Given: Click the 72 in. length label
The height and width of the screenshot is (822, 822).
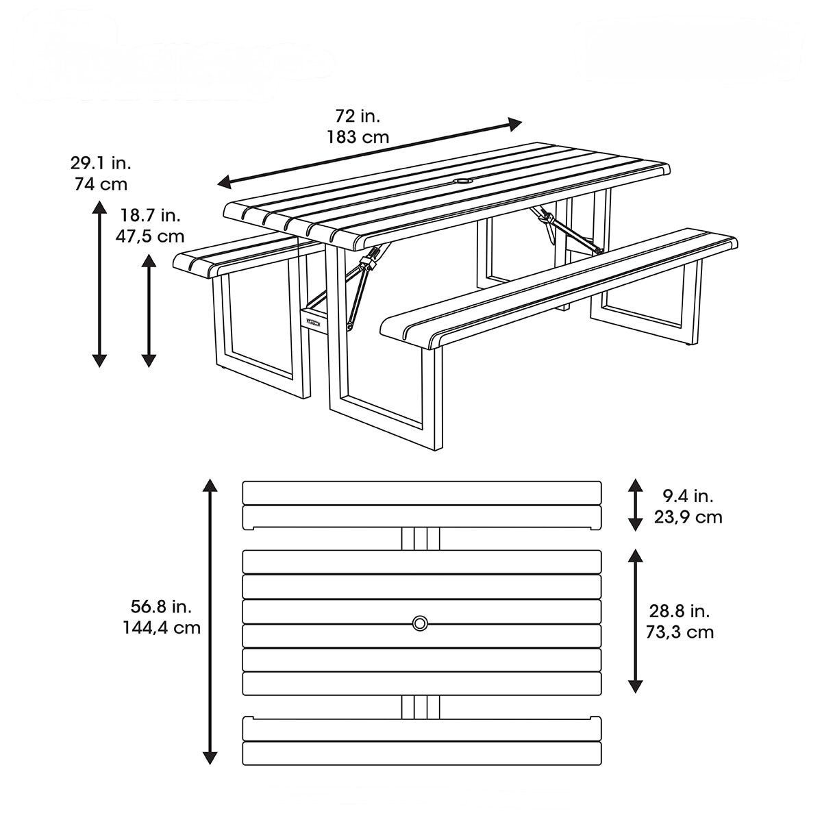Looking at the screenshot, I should pos(358,115).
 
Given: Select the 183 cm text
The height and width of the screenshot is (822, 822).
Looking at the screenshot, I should pos(358,137).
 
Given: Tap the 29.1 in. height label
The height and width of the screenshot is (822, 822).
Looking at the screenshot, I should pos(100,163).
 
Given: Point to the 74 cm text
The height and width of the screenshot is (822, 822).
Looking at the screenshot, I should pos(100,184).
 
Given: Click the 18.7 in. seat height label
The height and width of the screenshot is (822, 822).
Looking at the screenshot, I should pos(150,215).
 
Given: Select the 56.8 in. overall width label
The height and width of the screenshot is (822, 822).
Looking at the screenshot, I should pos(161,606).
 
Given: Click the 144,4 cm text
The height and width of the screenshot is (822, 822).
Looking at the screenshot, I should pos(162,627).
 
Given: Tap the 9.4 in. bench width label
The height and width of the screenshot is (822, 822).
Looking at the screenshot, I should pos(688,495).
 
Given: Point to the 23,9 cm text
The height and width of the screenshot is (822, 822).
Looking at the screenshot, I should pos(688,516).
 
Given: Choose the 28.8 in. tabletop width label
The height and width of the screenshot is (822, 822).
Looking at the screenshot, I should pos(680,610).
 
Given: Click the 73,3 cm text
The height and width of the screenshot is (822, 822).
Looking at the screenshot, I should pos(680,632).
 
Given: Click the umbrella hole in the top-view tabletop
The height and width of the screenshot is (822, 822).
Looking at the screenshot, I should pos(420,623).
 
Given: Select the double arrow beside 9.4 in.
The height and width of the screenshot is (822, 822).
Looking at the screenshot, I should pos(636,506).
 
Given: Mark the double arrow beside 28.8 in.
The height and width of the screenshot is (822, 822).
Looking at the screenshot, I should pos(636,621).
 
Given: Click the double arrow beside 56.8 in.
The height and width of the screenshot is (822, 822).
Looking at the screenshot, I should pos(210,622).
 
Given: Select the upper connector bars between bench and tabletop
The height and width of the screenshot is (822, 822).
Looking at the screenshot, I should pos(421,538).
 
